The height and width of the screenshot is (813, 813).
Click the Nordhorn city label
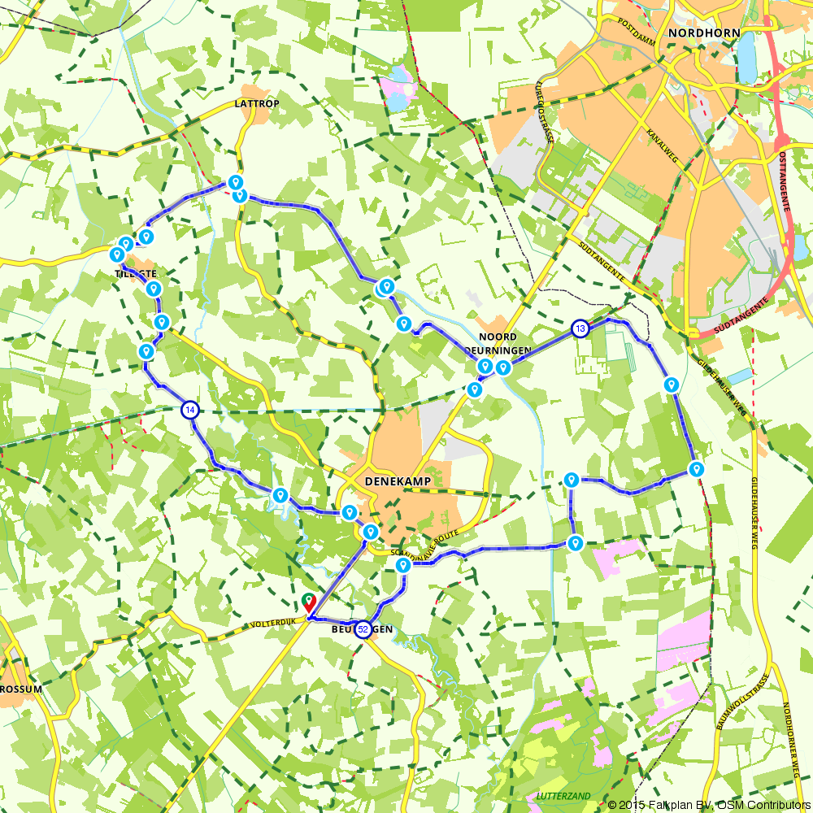703,33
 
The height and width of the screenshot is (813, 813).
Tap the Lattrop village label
256,104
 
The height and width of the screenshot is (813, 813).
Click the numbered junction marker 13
580,328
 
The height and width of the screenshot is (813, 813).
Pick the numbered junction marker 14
190,411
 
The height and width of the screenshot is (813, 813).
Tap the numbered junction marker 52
363,629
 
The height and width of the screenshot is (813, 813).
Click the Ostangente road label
784,180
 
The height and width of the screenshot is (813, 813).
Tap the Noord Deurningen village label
504,343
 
